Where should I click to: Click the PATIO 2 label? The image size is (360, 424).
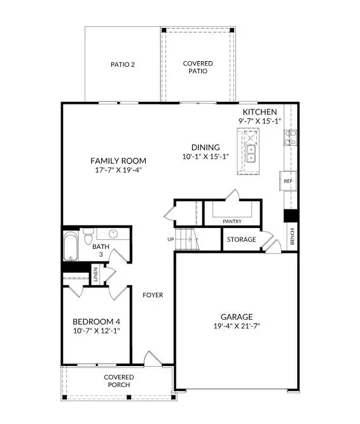point(123,64)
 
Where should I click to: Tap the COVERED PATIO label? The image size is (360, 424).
point(198,67)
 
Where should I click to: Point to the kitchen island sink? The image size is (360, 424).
point(251,153)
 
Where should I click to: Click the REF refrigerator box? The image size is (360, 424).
point(287,181)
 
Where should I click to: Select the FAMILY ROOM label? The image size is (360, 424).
point(118,160)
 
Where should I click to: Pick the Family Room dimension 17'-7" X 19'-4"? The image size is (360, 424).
point(118,170)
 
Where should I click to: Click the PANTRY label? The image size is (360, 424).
point(232,222)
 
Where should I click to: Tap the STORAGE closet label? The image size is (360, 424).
point(242,239)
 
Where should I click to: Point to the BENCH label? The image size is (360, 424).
point(292,236)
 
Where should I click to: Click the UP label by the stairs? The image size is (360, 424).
point(169,240)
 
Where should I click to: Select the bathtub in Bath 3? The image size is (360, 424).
point(70,247)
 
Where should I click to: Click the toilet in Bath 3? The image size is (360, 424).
point(88,232)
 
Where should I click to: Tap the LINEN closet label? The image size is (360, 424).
point(95,276)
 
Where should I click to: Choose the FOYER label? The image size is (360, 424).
point(153,295)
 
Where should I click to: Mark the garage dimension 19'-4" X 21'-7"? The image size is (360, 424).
point(237,326)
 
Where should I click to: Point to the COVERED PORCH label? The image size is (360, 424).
point(119,381)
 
